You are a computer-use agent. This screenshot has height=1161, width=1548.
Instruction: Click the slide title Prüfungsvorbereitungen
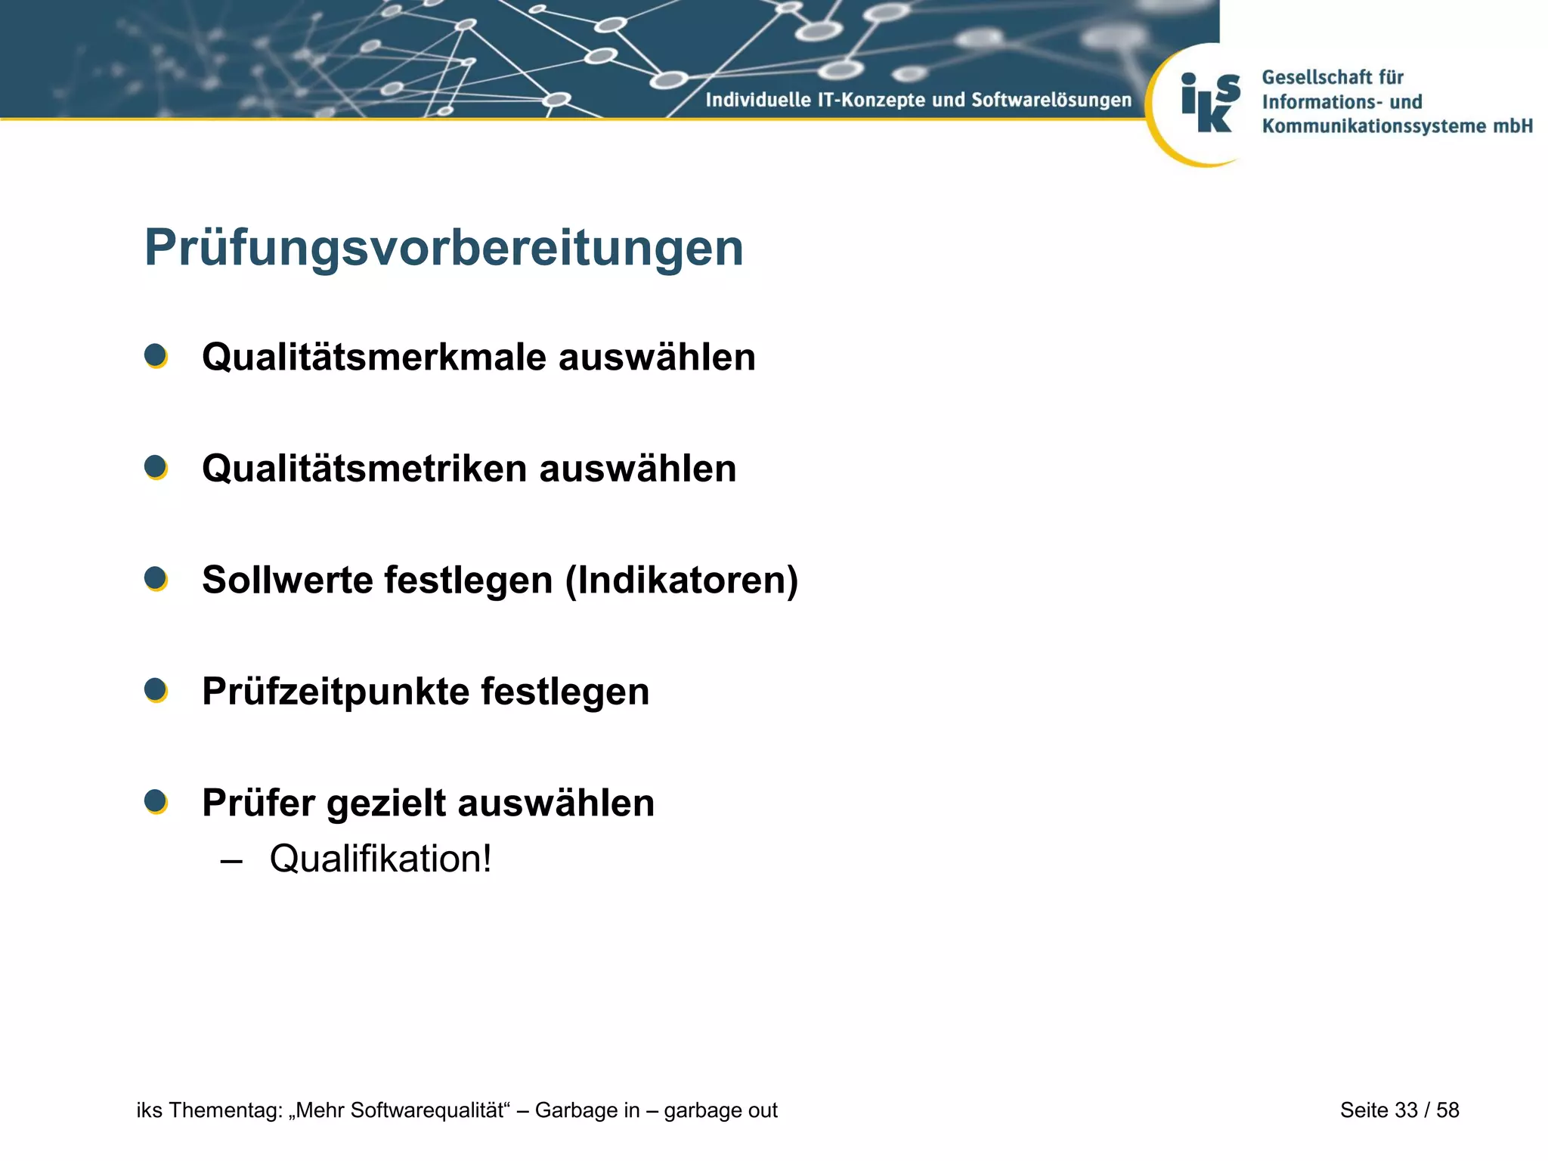click(x=444, y=248)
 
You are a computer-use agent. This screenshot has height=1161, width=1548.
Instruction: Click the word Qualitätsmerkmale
click(x=374, y=358)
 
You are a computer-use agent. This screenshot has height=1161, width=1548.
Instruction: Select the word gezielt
click(x=386, y=803)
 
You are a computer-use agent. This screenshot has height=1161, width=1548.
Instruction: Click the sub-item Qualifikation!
click(x=380, y=859)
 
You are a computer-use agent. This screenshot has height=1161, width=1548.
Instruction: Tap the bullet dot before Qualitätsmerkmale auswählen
click(x=156, y=356)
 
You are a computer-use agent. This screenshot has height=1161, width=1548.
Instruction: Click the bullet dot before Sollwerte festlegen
click(x=156, y=579)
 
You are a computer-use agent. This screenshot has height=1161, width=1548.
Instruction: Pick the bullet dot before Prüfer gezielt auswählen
click(x=156, y=801)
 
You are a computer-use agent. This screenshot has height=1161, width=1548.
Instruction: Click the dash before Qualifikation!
click(x=231, y=861)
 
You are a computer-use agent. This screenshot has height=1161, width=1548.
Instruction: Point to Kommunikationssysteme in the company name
click(x=1374, y=126)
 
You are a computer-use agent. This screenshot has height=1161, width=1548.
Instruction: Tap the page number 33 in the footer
click(x=1406, y=1110)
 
